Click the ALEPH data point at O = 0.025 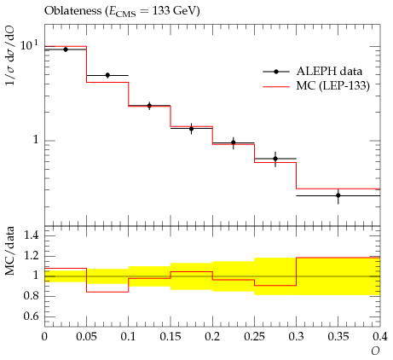(x=66, y=49)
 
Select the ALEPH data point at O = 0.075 (x=107, y=75)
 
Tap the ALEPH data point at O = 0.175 (x=192, y=129)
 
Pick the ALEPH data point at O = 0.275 (x=275, y=159)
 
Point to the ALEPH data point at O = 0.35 (x=338, y=195)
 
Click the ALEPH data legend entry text (x=329, y=71)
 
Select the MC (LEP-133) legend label (x=333, y=85)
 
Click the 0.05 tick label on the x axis (x=86, y=337)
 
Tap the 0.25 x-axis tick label (x=254, y=337)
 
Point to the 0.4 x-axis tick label (x=379, y=337)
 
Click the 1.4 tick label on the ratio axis (x=32, y=235)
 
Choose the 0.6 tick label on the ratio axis (x=32, y=316)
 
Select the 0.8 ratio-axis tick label (x=32, y=296)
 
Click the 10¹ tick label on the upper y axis (x=29, y=45)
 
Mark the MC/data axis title (x=9, y=251)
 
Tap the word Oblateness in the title (x=72, y=10)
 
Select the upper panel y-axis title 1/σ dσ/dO (x=9, y=56)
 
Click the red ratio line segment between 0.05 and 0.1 (x=107, y=292)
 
